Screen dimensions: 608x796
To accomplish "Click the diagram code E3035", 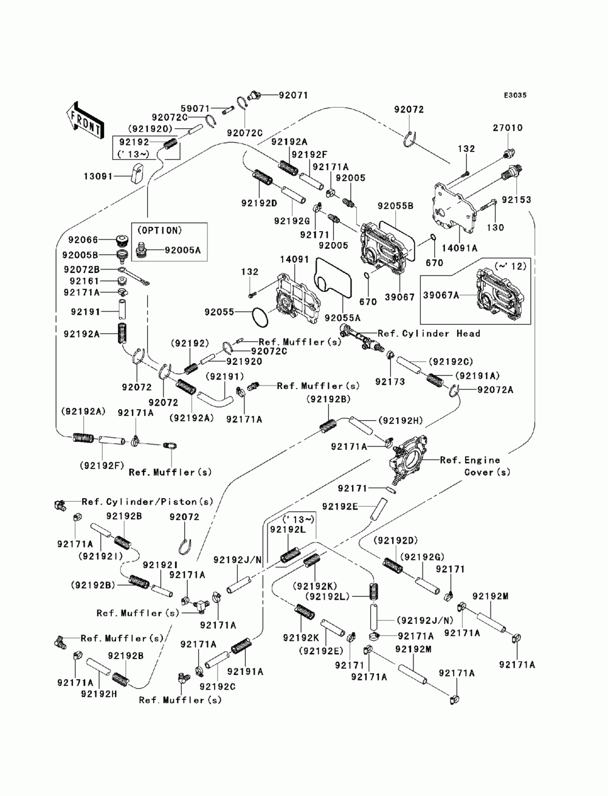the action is (515, 95).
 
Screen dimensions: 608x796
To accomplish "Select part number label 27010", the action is (507, 128).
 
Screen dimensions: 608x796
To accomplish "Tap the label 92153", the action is (516, 199).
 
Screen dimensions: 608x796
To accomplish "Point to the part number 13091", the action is (98, 176).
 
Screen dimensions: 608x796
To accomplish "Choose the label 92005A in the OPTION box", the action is (182, 250).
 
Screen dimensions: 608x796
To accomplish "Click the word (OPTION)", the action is (159, 230).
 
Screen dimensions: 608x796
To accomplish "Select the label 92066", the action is (83, 240).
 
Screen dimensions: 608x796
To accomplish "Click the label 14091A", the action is (460, 248).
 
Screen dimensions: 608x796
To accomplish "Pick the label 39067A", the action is (441, 296).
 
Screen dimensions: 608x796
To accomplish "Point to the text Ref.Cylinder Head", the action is (429, 333).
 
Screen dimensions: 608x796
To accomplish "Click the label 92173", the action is (390, 381).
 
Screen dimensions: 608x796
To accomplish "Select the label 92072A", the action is (496, 390).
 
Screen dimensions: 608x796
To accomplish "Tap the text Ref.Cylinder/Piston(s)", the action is (148, 502).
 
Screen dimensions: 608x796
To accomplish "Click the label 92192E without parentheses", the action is (340, 507).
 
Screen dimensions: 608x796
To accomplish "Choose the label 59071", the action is (195, 108).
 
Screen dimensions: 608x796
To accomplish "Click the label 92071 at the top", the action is (293, 95).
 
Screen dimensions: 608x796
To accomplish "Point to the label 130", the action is (496, 227).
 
